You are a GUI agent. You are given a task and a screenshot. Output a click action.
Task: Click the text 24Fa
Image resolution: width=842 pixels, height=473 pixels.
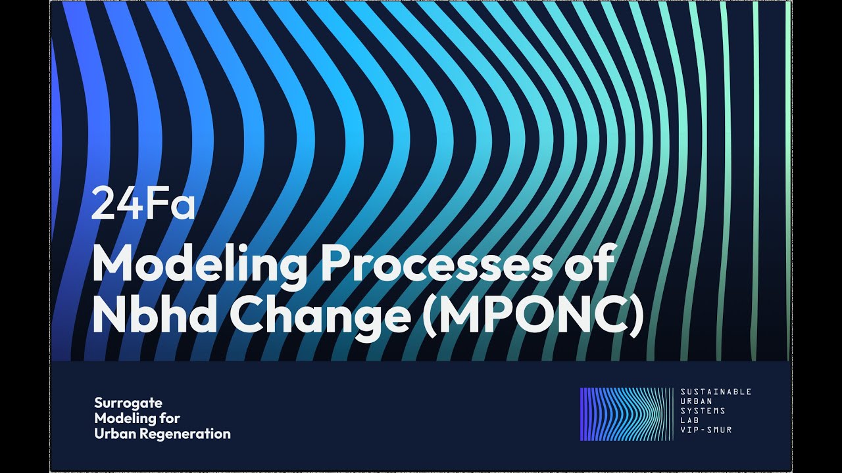point(143,205)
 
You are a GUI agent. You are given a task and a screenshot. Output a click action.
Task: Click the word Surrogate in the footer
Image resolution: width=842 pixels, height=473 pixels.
point(128,403)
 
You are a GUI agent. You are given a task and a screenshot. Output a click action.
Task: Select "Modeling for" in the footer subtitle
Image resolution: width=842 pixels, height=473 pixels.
point(137,418)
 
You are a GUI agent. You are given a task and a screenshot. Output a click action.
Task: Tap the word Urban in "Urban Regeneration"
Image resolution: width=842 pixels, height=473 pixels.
point(115,434)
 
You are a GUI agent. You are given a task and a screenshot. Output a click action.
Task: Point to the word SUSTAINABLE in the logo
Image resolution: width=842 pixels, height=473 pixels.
point(716,392)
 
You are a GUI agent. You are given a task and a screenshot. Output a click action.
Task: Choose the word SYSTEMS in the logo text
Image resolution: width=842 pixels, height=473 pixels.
point(703,411)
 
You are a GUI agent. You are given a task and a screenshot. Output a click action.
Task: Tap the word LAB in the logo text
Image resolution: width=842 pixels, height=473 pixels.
point(689,420)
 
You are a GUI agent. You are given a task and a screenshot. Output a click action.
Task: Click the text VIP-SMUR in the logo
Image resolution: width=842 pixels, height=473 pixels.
point(706,430)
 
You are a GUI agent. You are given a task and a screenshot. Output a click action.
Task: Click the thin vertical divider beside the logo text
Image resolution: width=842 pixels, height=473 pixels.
point(674,414)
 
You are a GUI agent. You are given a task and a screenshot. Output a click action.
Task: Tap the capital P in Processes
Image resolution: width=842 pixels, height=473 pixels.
point(337,263)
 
